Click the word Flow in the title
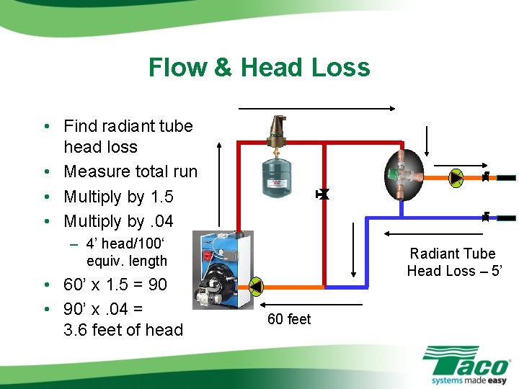coord(177,68)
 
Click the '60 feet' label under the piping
coord(289,319)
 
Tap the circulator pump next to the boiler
coord(257,287)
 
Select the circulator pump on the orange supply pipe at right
coord(456,176)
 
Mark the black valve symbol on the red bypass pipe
coord(323,194)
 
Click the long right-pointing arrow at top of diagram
coord(317,109)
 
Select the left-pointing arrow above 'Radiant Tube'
coord(433,233)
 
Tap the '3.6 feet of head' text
coord(123,330)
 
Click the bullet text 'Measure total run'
coord(130,171)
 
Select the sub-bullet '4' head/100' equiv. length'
coord(127,252)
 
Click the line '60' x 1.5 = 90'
coord(115,285)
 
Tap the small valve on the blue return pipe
coord(486,216)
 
